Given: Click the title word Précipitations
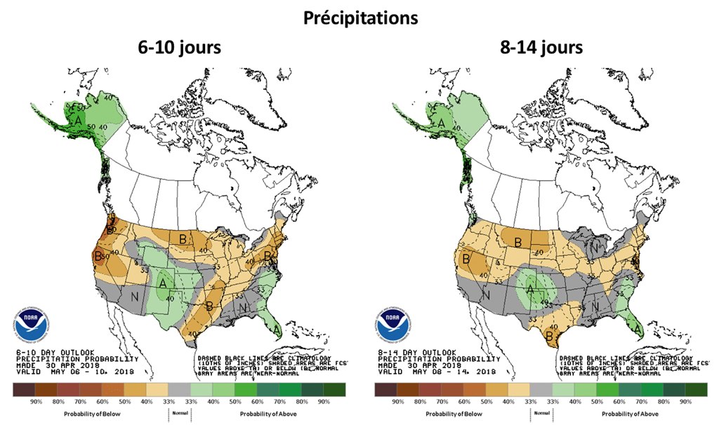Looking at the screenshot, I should pyautogui.click(x=359, y=18).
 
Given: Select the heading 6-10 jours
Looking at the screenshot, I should pyautogui.click(x=179, y=48).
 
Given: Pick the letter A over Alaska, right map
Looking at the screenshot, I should pyautogui.click(x=441, y=123).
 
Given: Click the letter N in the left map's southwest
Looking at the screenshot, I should pyautogui.click(x=133, y=297).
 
